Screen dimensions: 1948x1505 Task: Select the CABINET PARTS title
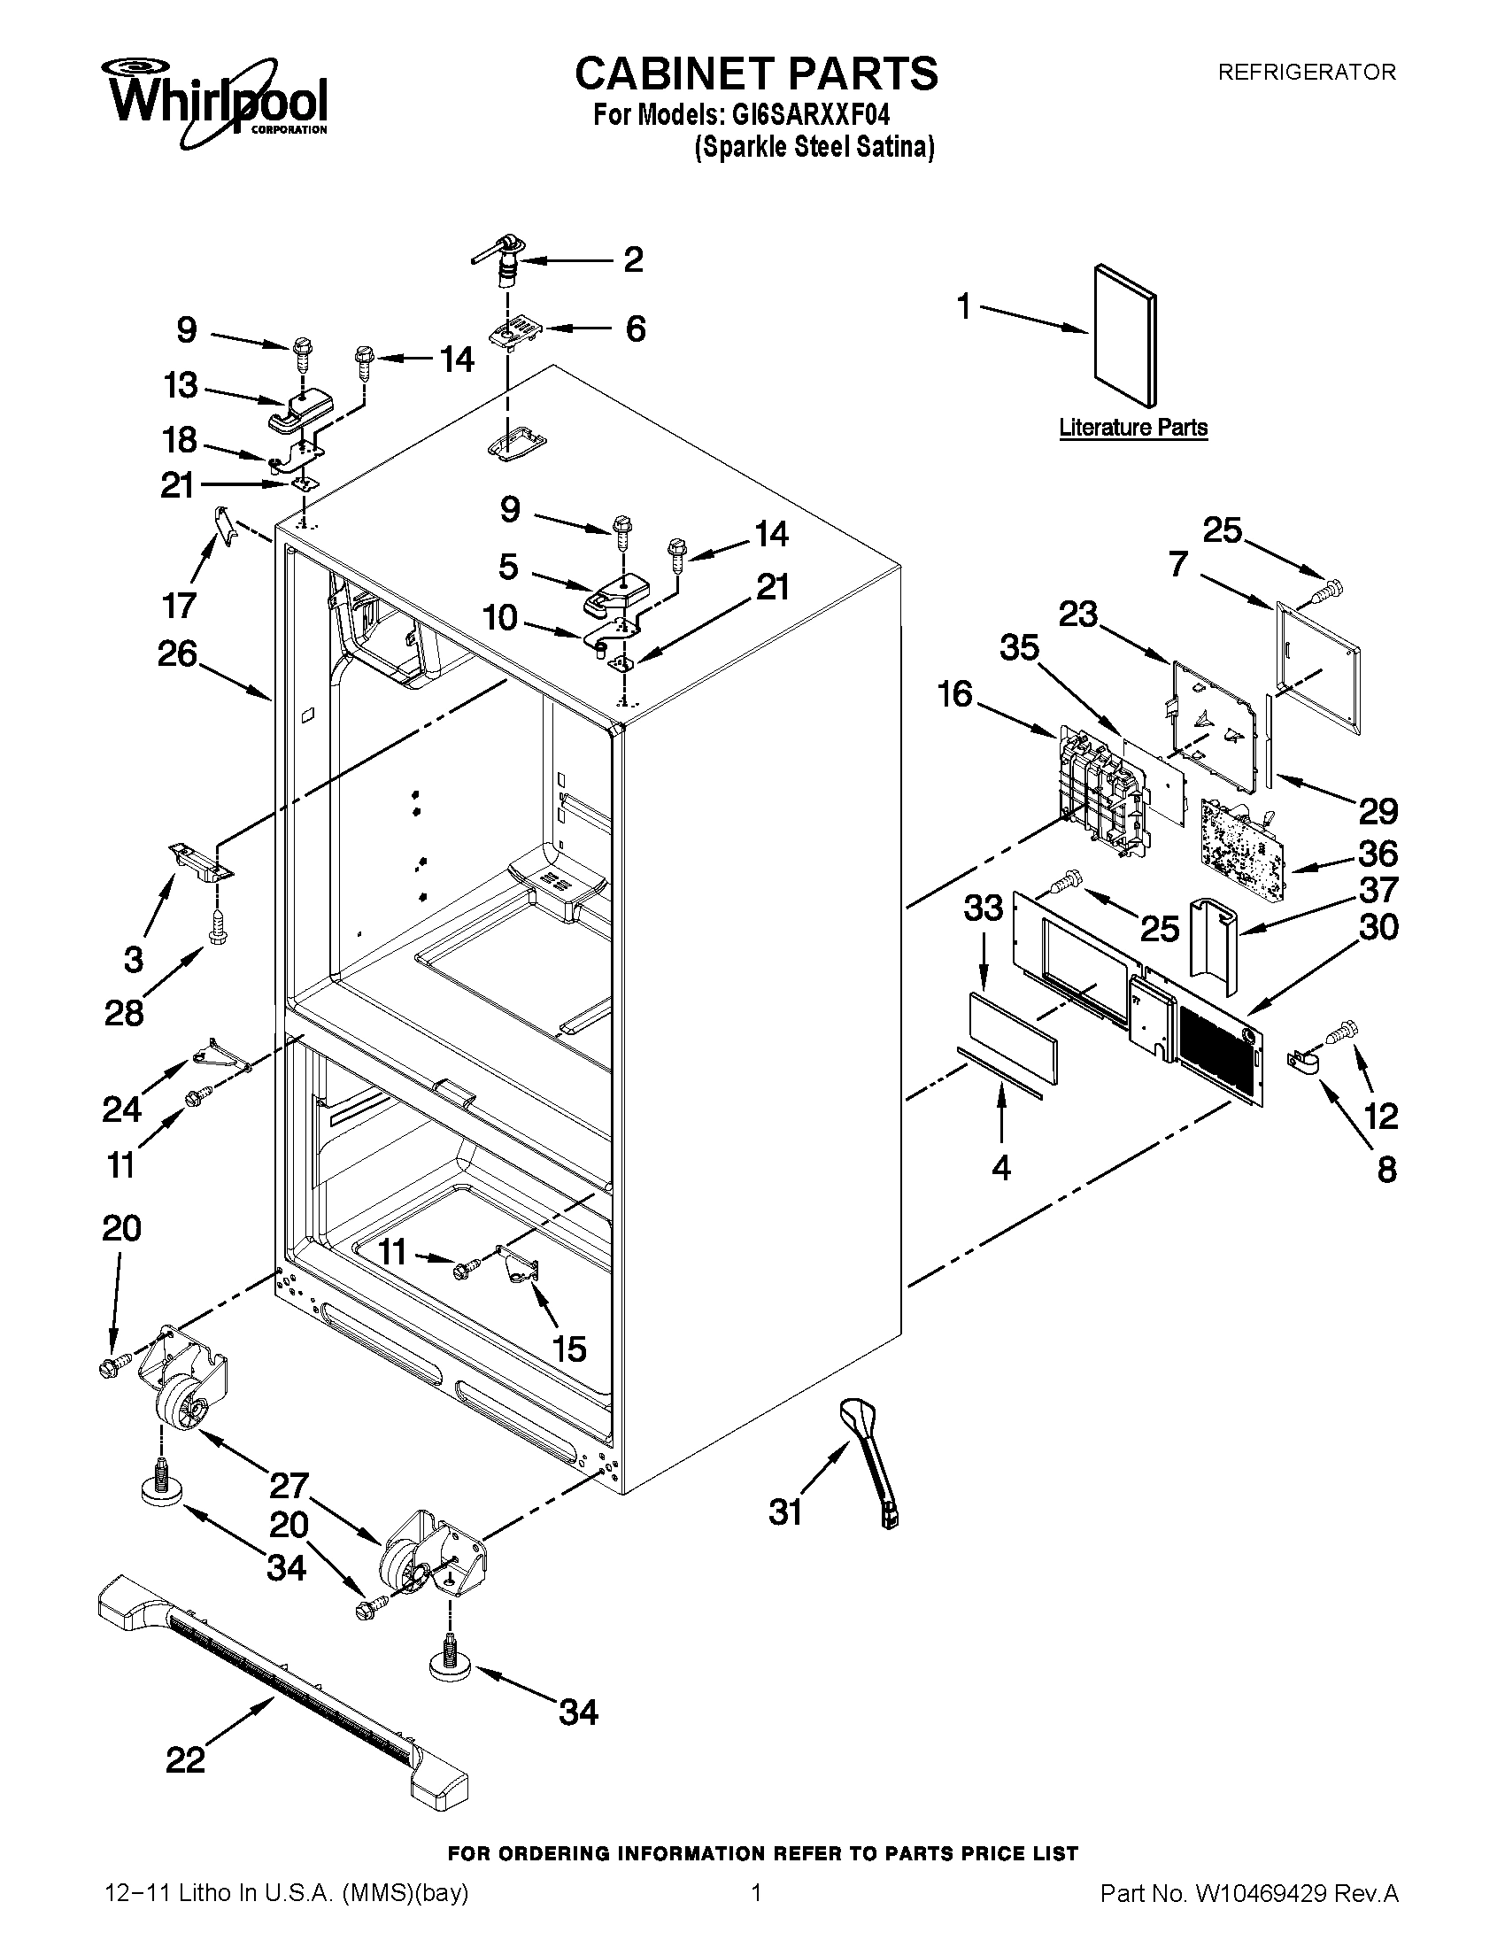tap(756, 73)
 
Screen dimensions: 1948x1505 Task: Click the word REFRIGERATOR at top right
tap(1306, 73)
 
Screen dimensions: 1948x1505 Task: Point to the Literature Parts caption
tap(1132, 428)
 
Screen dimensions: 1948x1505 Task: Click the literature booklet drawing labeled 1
tap(1125, 334)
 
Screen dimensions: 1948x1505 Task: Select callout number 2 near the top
tap(633, 259)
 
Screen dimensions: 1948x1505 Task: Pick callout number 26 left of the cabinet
tap(177, 653)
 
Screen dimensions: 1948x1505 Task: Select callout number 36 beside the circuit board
tap(1378, 854)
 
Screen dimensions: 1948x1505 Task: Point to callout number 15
tap(569, 1349)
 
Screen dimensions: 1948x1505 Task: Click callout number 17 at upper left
tap(179, 606)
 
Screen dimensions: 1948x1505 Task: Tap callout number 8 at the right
tap(1386, 1170)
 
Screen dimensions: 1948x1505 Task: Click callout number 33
tap(984, 908)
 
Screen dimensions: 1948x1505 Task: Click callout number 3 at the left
tap(133, 960)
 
